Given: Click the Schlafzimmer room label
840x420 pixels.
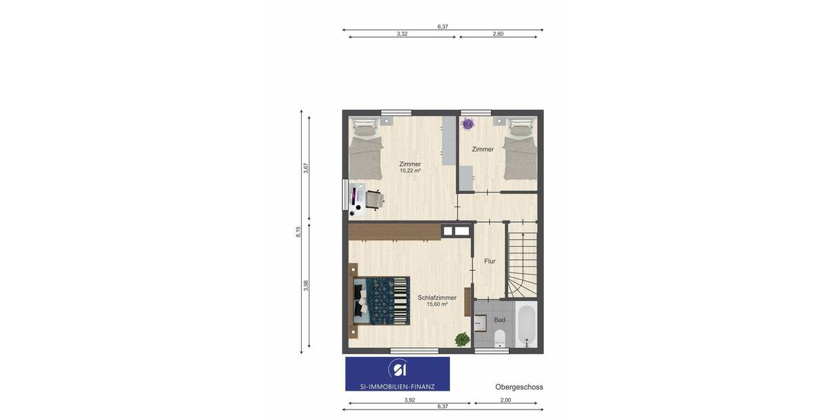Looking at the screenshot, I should [437, 297].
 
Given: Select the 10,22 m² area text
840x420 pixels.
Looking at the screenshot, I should [410, 171].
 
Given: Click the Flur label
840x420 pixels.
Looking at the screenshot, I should [490, 261].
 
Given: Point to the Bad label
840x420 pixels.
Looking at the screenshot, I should [500, 320].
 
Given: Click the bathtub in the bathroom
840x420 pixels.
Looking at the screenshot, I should [526, 324].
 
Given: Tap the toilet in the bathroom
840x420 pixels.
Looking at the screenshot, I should [499, 341].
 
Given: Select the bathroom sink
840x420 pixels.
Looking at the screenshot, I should [480, 323].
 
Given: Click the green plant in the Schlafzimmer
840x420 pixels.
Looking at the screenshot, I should [462, 339].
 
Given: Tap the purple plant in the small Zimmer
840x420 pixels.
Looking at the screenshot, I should [468, 124].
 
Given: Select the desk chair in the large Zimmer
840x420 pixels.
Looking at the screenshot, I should [374, 200].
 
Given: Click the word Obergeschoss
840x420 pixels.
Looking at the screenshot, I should [519, 387].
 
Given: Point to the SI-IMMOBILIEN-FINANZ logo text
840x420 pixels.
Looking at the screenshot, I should [398, 386].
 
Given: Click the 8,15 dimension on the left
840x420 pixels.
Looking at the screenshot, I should [298, 232].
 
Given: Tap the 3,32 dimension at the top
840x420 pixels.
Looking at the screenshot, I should [402, 34].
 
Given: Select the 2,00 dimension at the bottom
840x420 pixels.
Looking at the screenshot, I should [505, 400].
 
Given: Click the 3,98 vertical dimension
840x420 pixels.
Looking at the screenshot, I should [306, 286].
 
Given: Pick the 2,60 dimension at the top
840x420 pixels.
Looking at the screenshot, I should [498, 34].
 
